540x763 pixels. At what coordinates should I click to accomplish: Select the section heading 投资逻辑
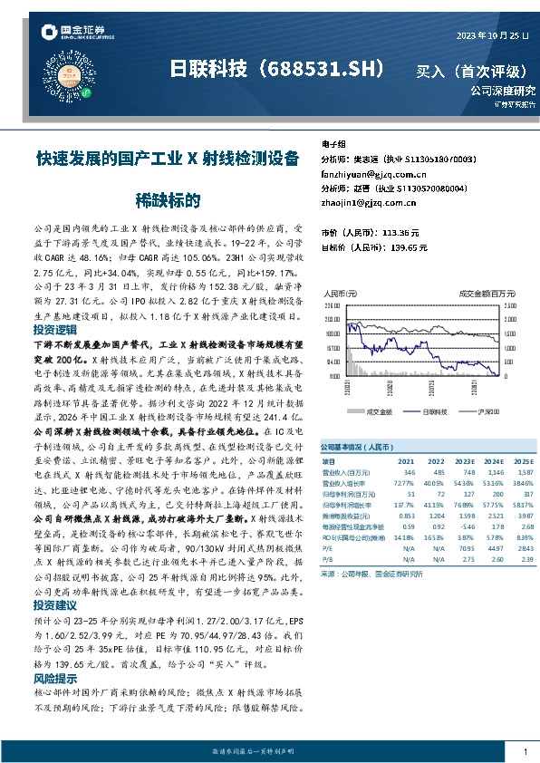click(53, 330)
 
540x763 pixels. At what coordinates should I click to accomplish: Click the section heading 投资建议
click(53, 605)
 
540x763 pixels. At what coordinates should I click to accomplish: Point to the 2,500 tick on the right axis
click(509, 307)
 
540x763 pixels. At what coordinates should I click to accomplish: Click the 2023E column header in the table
click(466, 461)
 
